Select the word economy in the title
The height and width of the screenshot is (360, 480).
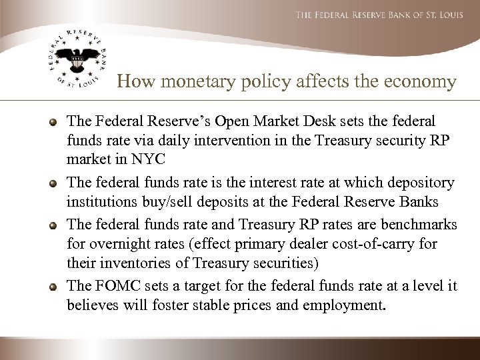click(421, 82)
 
